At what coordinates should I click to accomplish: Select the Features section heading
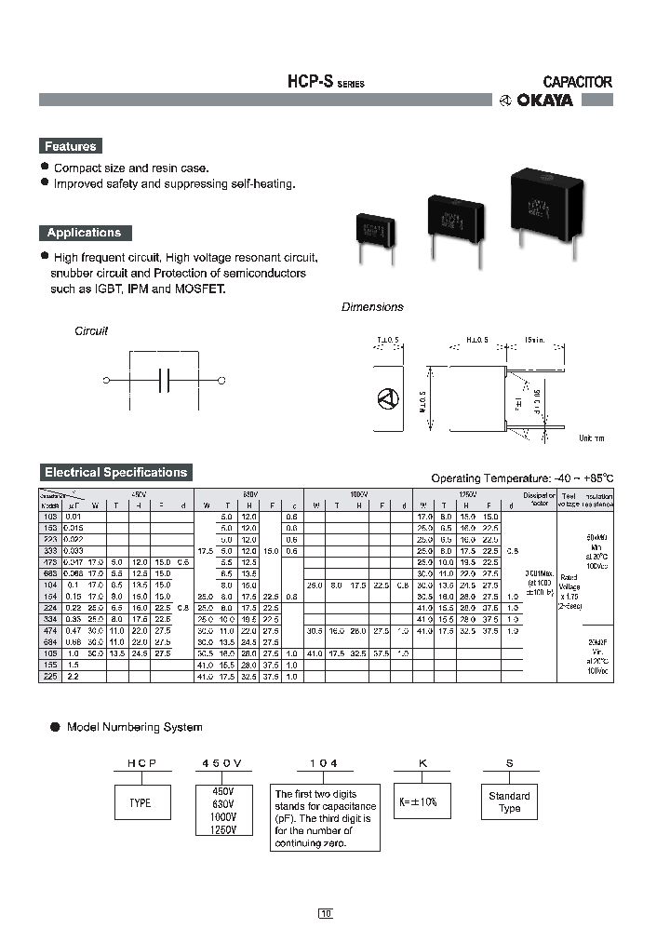coord(70,146)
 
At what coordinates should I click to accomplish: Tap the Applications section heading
coord(84,233)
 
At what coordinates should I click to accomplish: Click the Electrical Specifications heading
coord(116,472)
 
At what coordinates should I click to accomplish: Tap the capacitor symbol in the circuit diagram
coord(163,380)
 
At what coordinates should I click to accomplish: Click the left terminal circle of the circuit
coord(106,380)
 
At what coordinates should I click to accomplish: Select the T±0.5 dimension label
coord(387,342)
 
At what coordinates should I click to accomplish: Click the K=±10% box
coord(418,801)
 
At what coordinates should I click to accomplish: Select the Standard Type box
coord(509,802)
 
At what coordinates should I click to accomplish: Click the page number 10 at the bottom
coord(325,913)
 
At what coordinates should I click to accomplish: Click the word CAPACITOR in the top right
coord(577,82)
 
